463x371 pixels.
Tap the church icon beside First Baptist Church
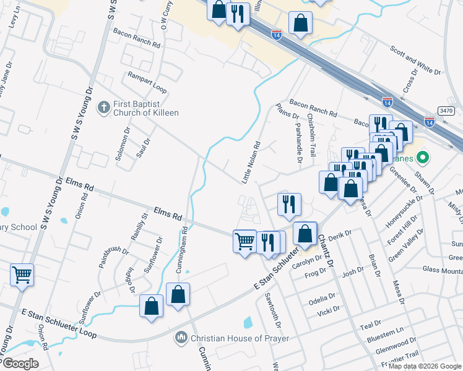(x=104, y=108)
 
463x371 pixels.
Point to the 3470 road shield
(x=446, y=110)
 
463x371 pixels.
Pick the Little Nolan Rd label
(x=249, y=162)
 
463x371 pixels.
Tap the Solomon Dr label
(x=120, y=144)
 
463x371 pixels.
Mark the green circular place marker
(x=423, y=158)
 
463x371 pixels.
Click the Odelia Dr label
(x=323, y=297)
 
